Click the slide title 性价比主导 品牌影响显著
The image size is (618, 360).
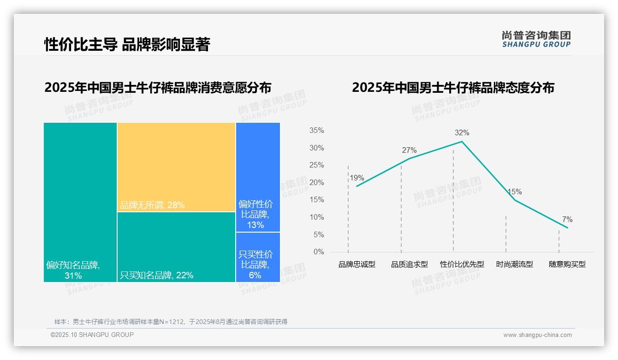tap(127, 44)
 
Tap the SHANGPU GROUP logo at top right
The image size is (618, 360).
tap(536, 39)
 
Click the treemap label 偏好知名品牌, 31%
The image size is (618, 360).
tap(73, 270)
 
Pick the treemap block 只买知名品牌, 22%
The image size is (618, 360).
tap(176, 247)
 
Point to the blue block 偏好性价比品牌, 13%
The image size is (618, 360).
tap(258, 177)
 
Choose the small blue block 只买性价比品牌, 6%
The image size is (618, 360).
tap(258, 257)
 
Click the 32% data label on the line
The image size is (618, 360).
tap(462, 133)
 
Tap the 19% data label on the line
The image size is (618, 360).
tap(357, 178)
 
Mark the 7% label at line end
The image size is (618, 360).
tap(567, 220)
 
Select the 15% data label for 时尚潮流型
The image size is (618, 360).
tap(514, 192)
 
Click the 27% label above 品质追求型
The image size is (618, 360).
tap(409, 150)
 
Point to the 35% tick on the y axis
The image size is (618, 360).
tap(316, 131)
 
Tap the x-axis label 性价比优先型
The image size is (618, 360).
tap(462, 264)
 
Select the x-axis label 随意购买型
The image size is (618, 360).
tap(567, 264)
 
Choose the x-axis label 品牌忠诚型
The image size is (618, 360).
tap(357, 264)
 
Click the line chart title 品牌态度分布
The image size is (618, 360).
tap(453, 88)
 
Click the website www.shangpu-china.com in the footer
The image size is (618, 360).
tap(537, 335)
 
